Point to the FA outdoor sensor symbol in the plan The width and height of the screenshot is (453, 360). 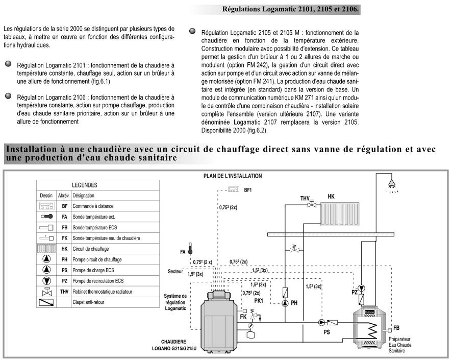click(190, 249)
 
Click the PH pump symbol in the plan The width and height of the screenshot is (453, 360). click(284, 302)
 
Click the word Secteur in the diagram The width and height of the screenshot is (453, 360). click(175, 272)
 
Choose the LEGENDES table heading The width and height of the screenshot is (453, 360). click(84, 185)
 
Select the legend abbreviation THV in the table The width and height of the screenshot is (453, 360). click(64, 292)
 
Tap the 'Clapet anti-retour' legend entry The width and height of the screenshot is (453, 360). click(90, 302)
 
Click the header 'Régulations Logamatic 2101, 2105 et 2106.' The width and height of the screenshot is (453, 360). click(290, 10)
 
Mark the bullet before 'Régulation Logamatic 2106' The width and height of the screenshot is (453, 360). click(8, 95)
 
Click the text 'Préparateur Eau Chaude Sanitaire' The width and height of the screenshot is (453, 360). click(399, 345)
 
